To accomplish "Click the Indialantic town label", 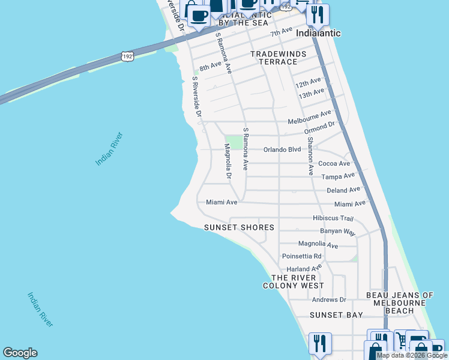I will tap(318, 33).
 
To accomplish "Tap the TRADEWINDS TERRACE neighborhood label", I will tap(278, 58).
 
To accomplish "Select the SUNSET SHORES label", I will tap(239, 227).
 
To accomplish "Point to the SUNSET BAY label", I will tap(336, 315).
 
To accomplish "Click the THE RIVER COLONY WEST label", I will tap(294, 281).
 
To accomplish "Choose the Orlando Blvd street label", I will tap(282, 150).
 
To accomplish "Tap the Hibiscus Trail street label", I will tap(333, 218).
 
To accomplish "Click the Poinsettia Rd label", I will tap(302, 256).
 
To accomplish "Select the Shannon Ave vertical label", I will tap(310, 156).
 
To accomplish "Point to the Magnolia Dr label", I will tap(228, 161).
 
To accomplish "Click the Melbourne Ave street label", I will tap(309, 117).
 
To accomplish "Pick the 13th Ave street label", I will tap(312, 94).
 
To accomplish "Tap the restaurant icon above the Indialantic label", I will tap(318, 14).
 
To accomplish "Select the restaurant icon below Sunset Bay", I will tap(320, 344).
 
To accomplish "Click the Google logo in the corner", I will tap(20, 353).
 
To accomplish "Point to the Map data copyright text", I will tap(411, 355).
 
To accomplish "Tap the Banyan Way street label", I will tap(337, 232).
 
